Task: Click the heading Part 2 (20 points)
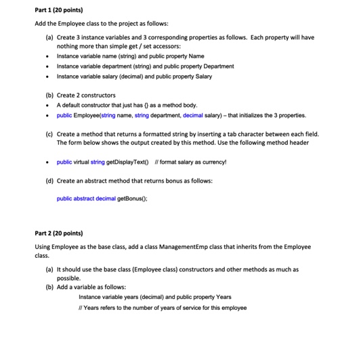click(x=59, y=233)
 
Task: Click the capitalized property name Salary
click(x=203, y=76)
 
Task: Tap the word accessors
click(x=166, y=46)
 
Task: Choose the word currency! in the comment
click(x=213, y=162)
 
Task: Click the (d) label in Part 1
click(x=49, y=181)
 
